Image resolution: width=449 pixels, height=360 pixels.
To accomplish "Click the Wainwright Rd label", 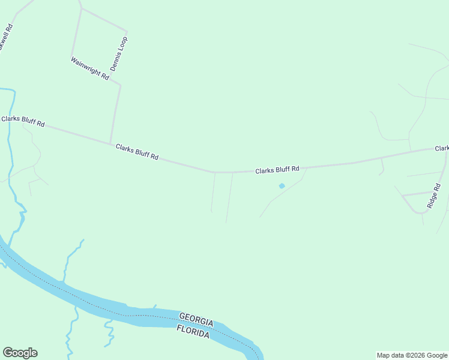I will click(x=89, y=68).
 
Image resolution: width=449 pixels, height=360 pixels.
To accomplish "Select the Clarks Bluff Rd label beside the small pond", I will click(x=277, y=170).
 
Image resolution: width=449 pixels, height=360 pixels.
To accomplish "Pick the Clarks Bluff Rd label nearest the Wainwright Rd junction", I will click(x=137, y=152).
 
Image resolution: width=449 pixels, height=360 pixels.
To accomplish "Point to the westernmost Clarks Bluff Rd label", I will click(x=23, y=121).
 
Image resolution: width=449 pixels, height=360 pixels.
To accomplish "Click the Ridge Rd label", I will click(x=434, y=196).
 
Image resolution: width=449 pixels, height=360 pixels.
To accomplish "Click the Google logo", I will click(x=20, y=353).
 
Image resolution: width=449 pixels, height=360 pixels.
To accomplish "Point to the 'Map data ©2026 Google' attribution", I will click(x=412, y=355).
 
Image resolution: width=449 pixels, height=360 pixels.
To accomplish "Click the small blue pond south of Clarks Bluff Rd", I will click(x=282, y=186).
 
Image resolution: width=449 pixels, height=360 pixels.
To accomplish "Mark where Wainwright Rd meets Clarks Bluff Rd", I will click(x=110, y=143).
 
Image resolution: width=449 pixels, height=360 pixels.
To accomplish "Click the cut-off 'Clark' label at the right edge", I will click(x=442, y=148).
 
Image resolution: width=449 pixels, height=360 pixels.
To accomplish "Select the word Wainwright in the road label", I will click(x=85, y=65).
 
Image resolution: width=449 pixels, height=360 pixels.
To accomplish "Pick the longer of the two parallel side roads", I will click(x=229, y=198).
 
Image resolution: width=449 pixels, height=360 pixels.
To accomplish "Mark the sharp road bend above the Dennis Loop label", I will click(x=127, y=31).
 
